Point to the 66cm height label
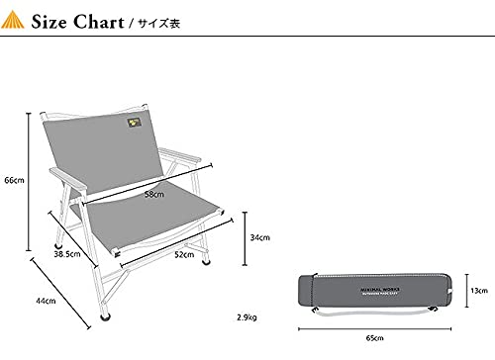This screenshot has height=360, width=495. click(x=13, y=181)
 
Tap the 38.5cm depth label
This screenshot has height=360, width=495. click(x=66, y=255)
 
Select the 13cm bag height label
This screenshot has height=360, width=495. click(x=479, y=292)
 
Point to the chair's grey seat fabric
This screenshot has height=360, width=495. click(x=158, y=223)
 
